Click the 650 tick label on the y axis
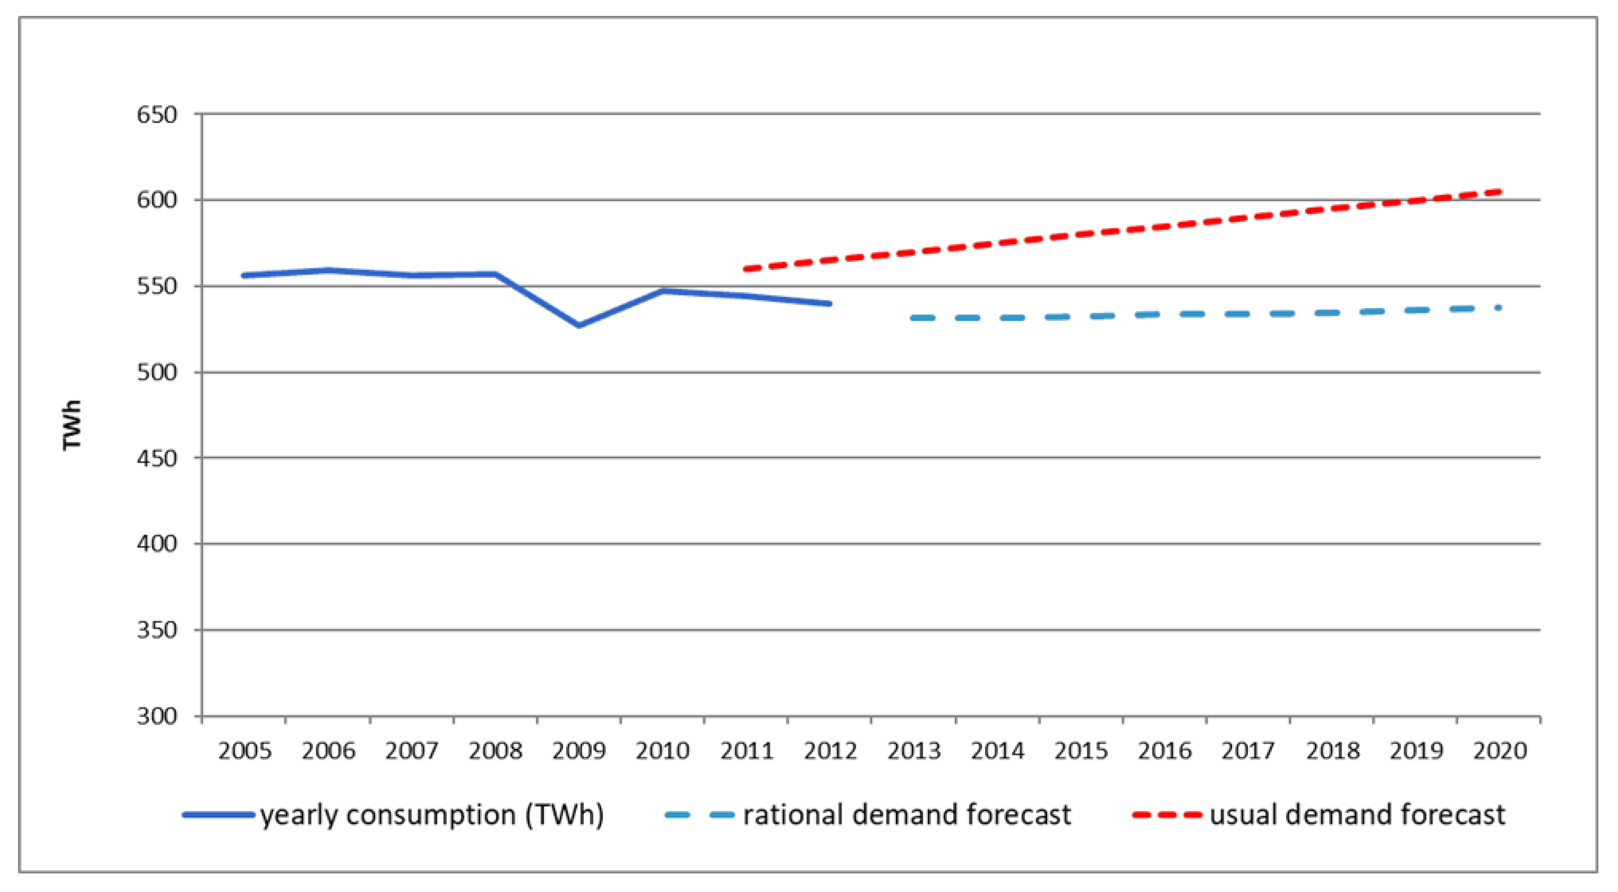click(157, 115)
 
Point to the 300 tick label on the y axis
click(157, 716)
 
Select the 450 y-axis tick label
click(157, 459)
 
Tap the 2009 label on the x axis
click(578, 750)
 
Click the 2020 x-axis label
click(1500, 750)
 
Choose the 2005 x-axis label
click(244, 750)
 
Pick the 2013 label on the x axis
click(914, 750)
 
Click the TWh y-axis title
click(72, 425)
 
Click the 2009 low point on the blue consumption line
click(578, 326)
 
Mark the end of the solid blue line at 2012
click(830, 303)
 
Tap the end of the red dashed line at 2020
click(1500, 191)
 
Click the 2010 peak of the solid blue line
click(663, 291)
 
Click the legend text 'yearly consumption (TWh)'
click(432, 815)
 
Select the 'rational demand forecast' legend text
click(907, 815)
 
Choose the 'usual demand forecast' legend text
click(1357, 815)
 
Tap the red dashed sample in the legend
click(1167, 815)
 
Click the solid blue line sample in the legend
click(218, 815)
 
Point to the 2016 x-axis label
click(1165, 750)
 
